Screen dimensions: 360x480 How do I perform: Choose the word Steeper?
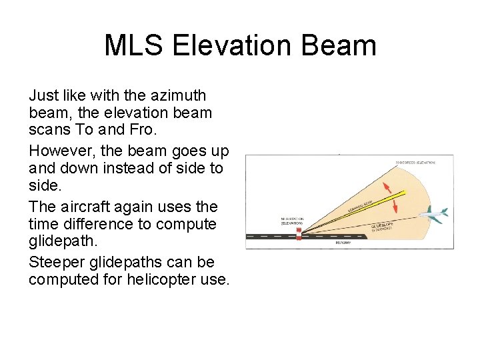pos(61,262)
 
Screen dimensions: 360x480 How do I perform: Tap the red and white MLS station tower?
pos(299,233)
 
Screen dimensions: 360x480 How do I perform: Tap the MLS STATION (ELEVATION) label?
pos(291,221)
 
